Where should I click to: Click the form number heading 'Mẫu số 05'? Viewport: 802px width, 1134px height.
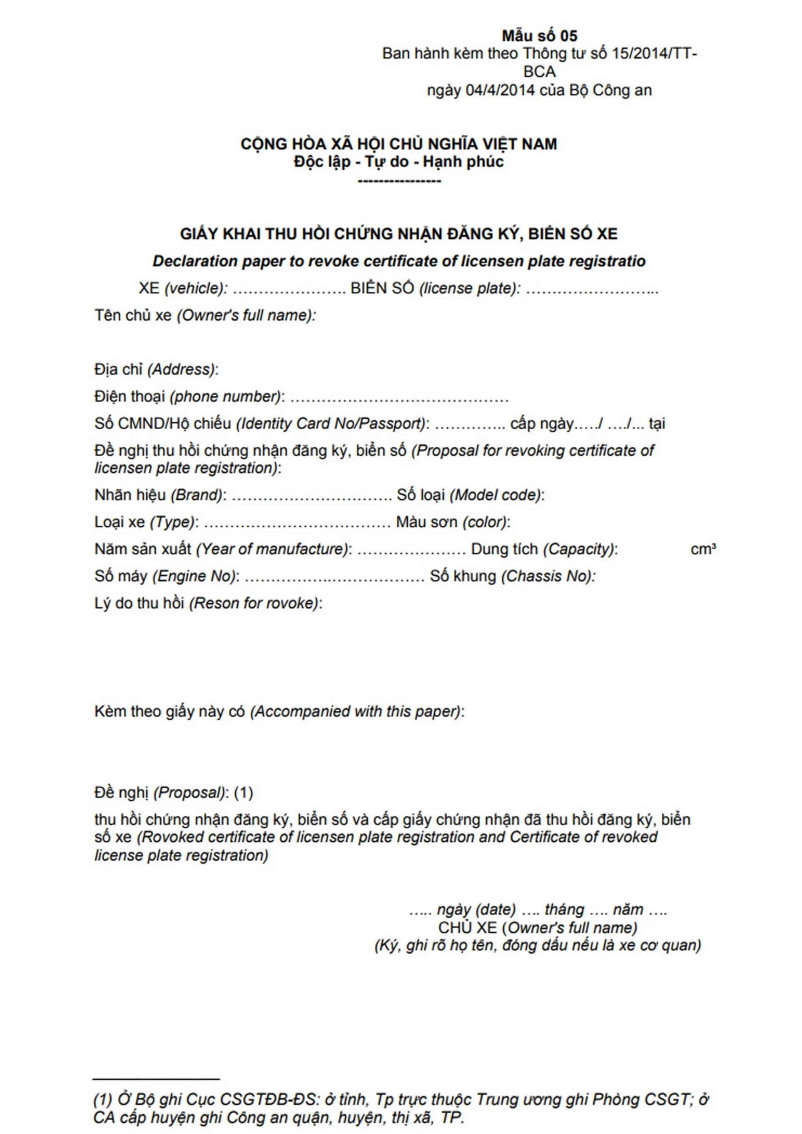[x=539, y=35]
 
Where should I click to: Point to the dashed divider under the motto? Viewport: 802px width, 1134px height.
[x=399, y=181]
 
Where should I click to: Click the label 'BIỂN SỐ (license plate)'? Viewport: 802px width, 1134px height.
[x=435, y=289]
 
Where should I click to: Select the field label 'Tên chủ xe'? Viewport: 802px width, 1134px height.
[x=133, y=315]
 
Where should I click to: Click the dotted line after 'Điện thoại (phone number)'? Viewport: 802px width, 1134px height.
[x=399, y=397]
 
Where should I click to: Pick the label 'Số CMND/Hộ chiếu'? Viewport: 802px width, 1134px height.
[x=162, y=424]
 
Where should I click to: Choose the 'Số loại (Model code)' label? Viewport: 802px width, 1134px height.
[x=470, y=495]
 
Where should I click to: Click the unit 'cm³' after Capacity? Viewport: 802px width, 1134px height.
[x=703, y=549]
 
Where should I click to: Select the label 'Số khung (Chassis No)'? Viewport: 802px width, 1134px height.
[x=512, y=576]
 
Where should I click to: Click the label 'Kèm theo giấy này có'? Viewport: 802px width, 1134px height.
[x=170, y=712]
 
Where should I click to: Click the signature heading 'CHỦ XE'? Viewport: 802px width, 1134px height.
[x=467, y=927]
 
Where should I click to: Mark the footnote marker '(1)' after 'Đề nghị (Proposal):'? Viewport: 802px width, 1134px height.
[x=243, y=793]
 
